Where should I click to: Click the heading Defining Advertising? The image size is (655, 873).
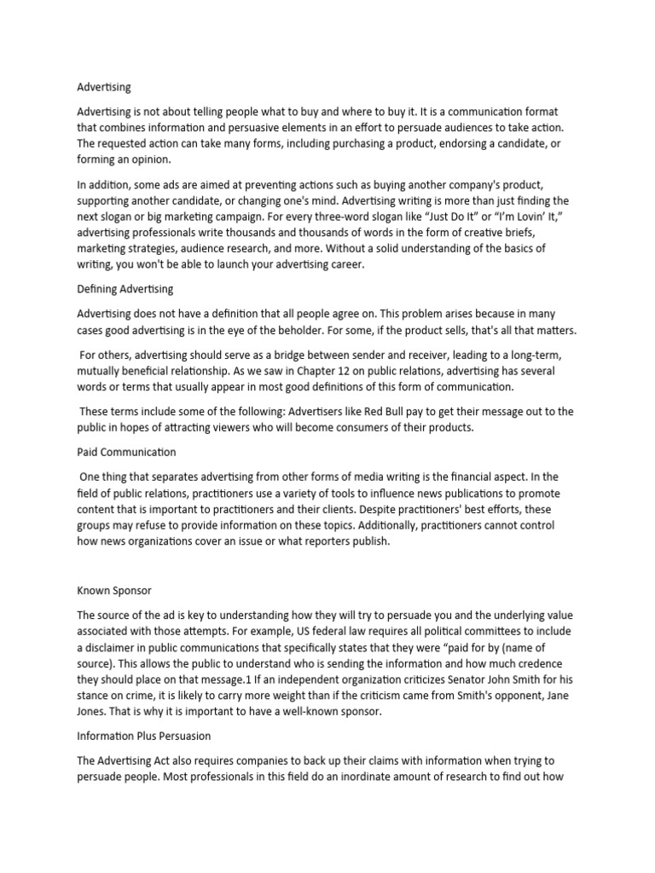click(x=125, y=290)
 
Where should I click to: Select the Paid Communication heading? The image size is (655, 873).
click(x=126, y=452)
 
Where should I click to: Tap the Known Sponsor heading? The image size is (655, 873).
click(x=114, y=589)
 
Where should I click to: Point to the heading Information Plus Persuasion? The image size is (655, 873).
click(x=144, y=735)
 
